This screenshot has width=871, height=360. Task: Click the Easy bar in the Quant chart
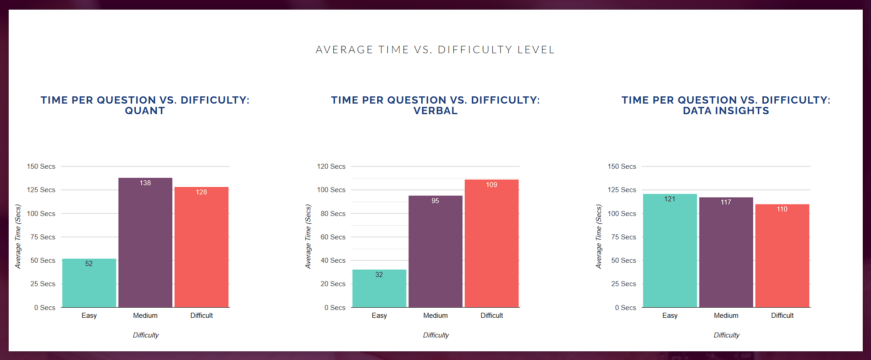(x=89, y=284)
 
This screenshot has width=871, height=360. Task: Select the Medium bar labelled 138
(x=145, y=243)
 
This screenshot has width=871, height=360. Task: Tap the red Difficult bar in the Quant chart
(x=201, y=248)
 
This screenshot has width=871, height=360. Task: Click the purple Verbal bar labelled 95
(x=435, y=252)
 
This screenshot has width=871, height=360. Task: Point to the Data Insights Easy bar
(x=670, y=252)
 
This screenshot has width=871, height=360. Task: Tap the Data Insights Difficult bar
(x=782, y=257)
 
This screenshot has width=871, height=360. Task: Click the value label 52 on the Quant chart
(x=89, y=264)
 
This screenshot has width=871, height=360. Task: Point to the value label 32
(x=379, y=275)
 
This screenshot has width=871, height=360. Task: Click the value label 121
(x=670, y=199)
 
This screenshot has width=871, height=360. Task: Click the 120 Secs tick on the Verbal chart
(x=331, y=166)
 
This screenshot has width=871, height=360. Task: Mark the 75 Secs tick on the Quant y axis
(x=43, y=237)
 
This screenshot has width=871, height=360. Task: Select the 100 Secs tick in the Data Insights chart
(x=622, y=214)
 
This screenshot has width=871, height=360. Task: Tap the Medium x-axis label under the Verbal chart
(x=435, y=316)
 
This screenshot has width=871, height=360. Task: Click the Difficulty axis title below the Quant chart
(x=146, y=335)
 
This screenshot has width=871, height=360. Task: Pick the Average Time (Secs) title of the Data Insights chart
(x=599, y=237)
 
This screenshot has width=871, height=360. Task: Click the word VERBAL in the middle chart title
(x=435, y=111)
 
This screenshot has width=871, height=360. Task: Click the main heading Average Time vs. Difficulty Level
(x=435, y=50)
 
